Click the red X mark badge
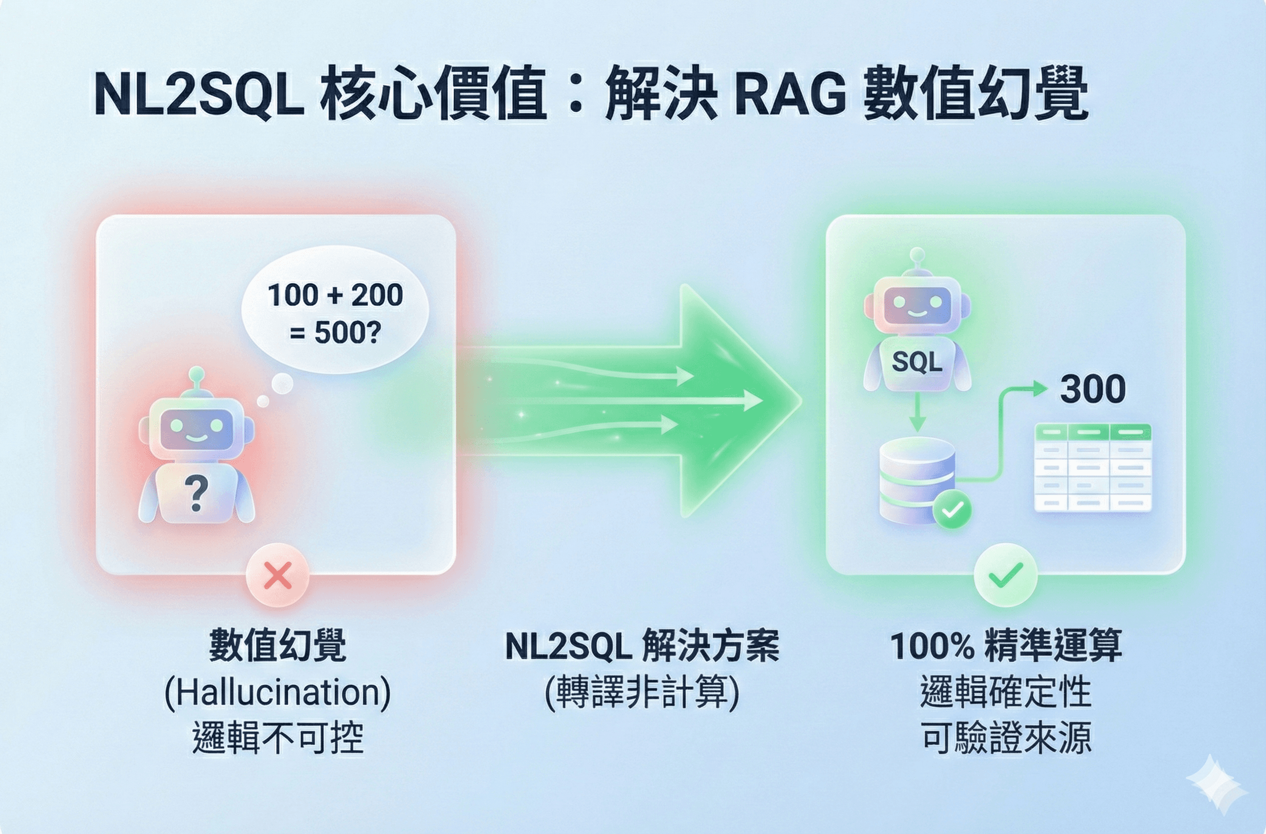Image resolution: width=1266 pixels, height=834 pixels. tap(277, 575)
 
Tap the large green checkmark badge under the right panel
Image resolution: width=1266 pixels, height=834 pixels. tap(1006, 575)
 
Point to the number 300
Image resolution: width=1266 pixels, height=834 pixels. tap(1093, 389)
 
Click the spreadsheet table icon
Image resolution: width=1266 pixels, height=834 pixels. tap(1093, 467)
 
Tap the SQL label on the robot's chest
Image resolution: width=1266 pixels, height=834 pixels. tap(917, 363)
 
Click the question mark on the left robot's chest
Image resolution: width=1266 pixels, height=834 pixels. tap(196, 493)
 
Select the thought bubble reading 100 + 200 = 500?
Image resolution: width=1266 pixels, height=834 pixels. tap(335, 314)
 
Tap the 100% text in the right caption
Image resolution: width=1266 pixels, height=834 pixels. tap(932, 646)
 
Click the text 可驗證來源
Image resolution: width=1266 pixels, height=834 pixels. tap(1006, 738)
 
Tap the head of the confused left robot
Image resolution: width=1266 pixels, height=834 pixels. tap(196, 426)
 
